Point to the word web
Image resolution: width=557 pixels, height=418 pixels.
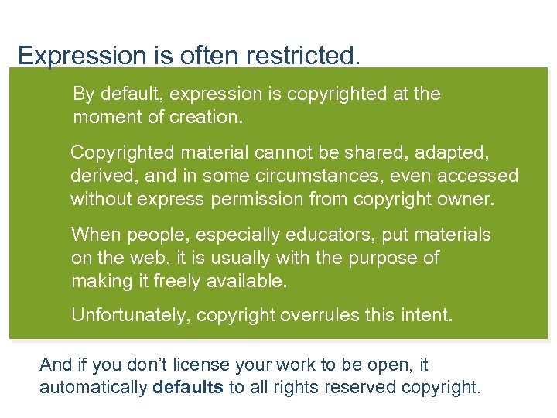pyautogui.click(x=152, y=258)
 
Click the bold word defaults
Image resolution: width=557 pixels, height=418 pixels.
pyautogui.click(x=187, y=387)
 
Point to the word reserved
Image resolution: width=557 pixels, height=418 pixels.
pyautogui.click(x=361, y=387)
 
